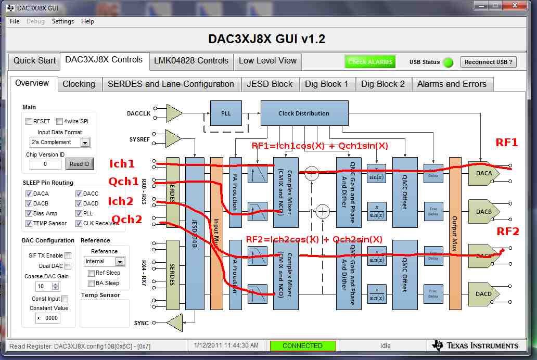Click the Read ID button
80,164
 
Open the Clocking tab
79,84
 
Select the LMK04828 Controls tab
191,61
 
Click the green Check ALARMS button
370,62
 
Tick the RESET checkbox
29,122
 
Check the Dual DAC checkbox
68,266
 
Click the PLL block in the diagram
226,113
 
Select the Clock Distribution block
304,113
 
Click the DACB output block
483,212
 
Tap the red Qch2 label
125,220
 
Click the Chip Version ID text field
45,164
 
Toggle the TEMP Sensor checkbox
29,223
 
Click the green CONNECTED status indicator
302,346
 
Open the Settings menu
62,21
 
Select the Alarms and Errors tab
452,84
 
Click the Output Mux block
455,234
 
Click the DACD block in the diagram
483,294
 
